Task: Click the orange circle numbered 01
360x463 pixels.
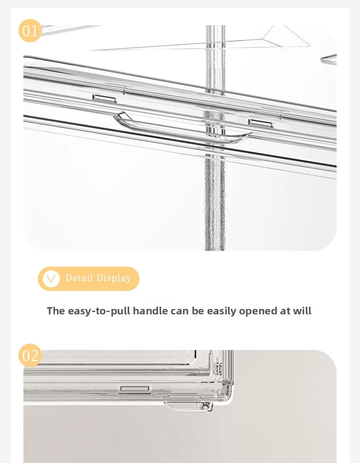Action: click(30, 31)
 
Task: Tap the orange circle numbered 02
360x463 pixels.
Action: click(30, 355)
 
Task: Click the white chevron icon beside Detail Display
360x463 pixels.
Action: click(51, 278)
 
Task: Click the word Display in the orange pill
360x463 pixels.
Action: click(114, 278)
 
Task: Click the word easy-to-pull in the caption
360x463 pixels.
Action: click(99, 311)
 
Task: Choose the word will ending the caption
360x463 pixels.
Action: click(302, 311)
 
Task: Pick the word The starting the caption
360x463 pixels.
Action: click(56, 311)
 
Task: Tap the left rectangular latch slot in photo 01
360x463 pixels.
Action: click(104, 99)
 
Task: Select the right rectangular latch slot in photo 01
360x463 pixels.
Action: click(261, 123)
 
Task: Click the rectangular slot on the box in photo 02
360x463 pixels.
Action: click(135, 389)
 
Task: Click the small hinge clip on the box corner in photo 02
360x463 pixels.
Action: click(218, 368)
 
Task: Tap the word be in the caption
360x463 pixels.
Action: click(198, 311)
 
